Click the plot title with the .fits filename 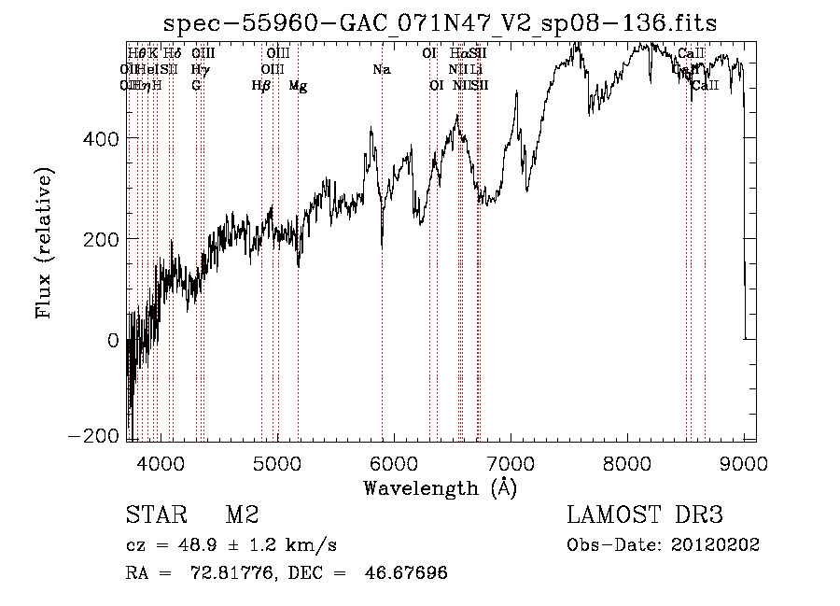point(440,23)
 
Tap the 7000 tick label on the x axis point(511,462)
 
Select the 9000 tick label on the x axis point(744,462)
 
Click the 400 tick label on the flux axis point(100,138)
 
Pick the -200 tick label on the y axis point(94,437)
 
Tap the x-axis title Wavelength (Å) point(440,487)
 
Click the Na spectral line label point(381,70)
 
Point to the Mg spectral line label point(298,86)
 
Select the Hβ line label point(261,86)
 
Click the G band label point(196,86)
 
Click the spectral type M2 point(242,514)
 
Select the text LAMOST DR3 point(645,514)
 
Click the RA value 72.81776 point(236,572)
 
